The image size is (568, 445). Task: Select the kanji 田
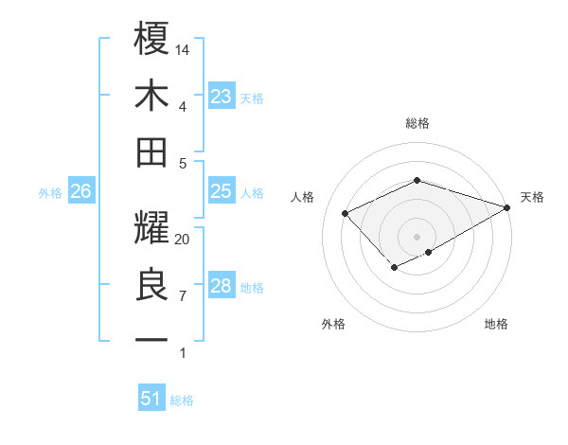[x=151, y=151]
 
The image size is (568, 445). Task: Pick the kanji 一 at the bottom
[x=151, y=340]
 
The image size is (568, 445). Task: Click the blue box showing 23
[x=221, y=97]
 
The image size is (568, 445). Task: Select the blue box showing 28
[x=221, y=287]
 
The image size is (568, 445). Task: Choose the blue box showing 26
[x=81, y=192]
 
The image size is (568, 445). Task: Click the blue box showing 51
[x=151, y=400]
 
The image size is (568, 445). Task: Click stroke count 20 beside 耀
[x=183, y=240]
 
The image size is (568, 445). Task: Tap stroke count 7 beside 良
[x=183, y=296]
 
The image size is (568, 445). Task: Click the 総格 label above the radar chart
[x=417, y=123]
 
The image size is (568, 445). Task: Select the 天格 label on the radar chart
[x=532, y=197]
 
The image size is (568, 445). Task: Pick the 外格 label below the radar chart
[x=333, y=324]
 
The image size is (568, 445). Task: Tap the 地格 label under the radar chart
[x=496, y=324]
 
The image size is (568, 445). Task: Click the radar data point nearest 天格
[x=508, y=206]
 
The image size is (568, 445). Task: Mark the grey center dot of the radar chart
[x=417, y=236]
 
